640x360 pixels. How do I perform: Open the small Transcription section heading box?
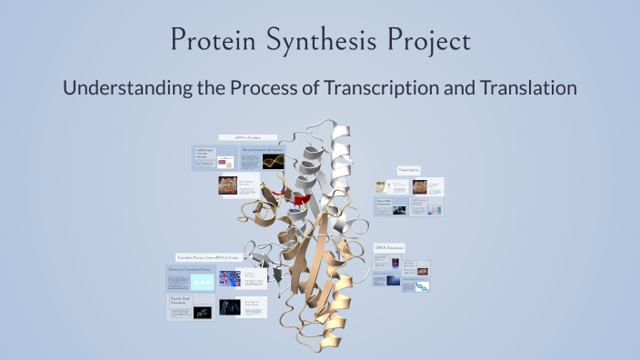coord(409,170)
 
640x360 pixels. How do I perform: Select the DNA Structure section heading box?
coord(389,247)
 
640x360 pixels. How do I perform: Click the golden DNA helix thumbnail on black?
coord(275,161)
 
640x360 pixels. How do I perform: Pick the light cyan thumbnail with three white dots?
coord(202,282)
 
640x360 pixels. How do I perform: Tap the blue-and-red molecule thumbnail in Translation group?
coord(230,278)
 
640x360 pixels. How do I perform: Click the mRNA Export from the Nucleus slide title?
coord(204,155)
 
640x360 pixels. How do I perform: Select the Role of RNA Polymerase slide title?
coord(388,203)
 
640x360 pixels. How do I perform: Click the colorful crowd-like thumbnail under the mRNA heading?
coord(227,185)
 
